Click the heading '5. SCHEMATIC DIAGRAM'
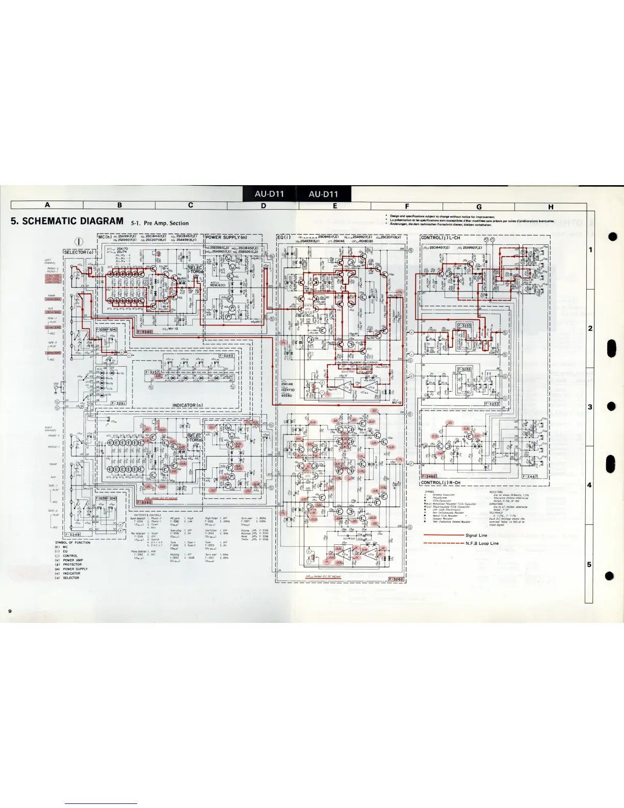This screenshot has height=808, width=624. pyautogui.click(x=67, y=221)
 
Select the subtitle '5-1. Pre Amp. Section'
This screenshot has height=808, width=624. pyautogui.click(x=160, y=223)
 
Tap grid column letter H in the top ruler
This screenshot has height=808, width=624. pyautogui.click(x=551, y=207)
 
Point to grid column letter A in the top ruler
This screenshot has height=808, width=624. pyautogui.click(x=47, y=205)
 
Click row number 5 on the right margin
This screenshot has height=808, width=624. pyautogui.click(x=590, y=564)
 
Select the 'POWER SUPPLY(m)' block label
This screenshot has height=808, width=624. pyautogui.click(x=226, y=237)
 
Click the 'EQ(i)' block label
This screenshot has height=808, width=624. pyautogui.click(x=284, y=237)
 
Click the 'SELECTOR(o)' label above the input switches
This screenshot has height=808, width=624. pyautogui.click(x=79, y=252)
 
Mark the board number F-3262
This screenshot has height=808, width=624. pyautogui.click(x=396, y=579)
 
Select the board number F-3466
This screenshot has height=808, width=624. pyautogui.click(x=429, y=476)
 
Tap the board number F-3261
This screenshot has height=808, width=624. pyautogui.click(x=118, y=403)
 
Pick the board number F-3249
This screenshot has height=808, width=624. pyautogui.click(x=72, y=535)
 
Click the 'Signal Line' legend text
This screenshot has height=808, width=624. pyautogui.click(x=476, y=535)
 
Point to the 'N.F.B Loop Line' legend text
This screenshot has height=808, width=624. pyautogui.click(x=482, y=543)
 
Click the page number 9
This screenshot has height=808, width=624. pyautogui.click(x=9, y=611)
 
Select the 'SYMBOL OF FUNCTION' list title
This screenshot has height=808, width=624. pyautogui.click(x=72, y=542)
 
